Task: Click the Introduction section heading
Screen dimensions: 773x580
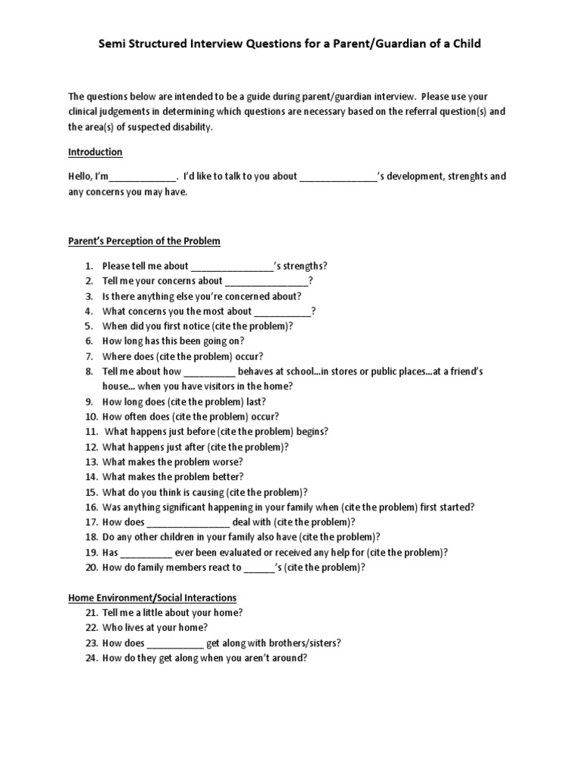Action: (x=95, y=152)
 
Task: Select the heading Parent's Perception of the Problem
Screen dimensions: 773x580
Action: (x=144, y=242)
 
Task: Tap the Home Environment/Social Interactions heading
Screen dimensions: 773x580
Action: (x=153, y=597)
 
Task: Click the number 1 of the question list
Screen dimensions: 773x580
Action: (x=88, y=266)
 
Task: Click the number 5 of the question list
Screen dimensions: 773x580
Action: (x=88, y=326)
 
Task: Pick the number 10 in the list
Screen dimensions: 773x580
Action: (x=91, y=417)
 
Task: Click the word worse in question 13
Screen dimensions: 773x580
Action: (x=227, y=461)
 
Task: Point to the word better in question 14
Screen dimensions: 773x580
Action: (x=228, y=476)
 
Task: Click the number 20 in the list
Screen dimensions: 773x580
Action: (x=91, y=567)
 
